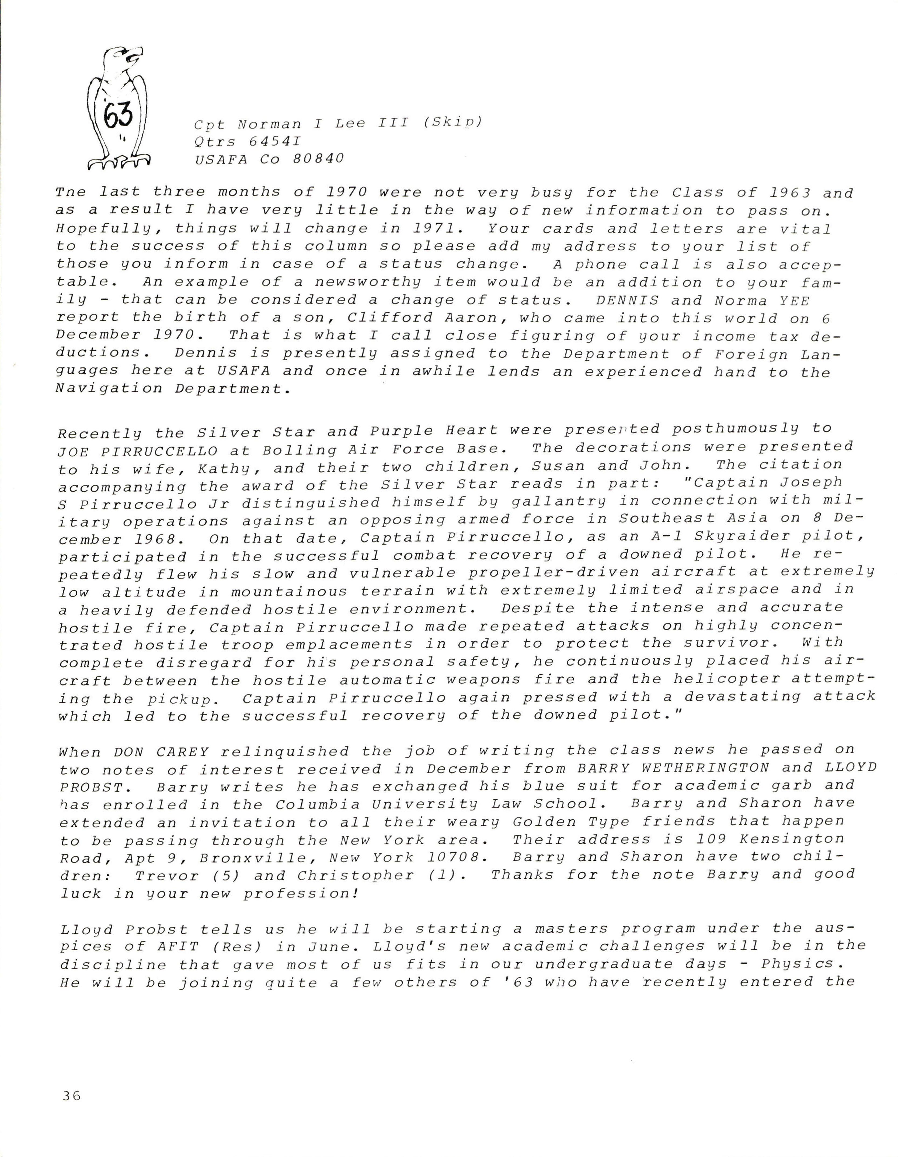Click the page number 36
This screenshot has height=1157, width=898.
tap(71, 1096)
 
